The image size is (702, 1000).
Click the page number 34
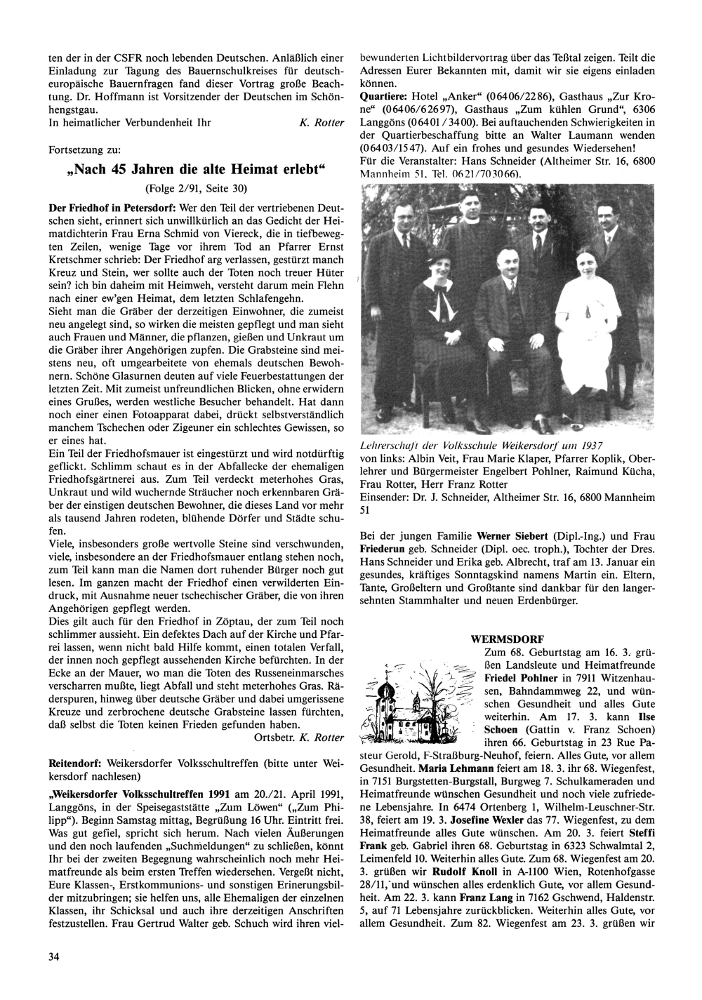pyautogui.click(x=53, y=956)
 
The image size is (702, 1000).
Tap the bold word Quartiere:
pyautogui.click(x=383, y=95)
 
